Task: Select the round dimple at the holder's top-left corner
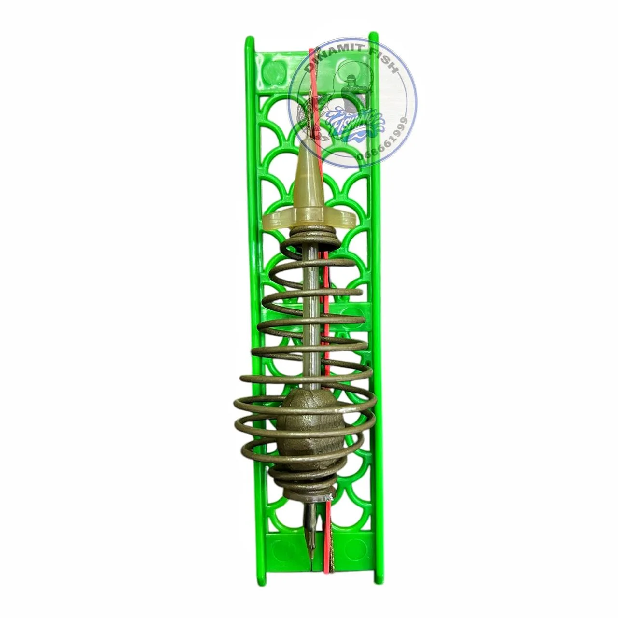pyautogui.click(x=269, y=71)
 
